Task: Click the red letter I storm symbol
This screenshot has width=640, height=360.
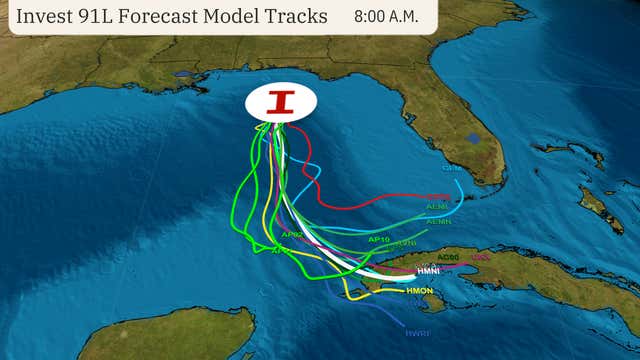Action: (x=281, y=101)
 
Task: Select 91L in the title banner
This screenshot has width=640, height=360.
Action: (x=118, y=17)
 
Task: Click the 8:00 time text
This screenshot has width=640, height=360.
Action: (x=372, y=18)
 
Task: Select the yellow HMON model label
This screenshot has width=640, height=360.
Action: (x=420, y=291)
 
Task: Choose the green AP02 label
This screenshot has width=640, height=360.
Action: (x=292, y=235)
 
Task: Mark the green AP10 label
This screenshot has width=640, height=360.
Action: (x=378, y=239)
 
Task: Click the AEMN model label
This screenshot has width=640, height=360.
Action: (x=437, y=221)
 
